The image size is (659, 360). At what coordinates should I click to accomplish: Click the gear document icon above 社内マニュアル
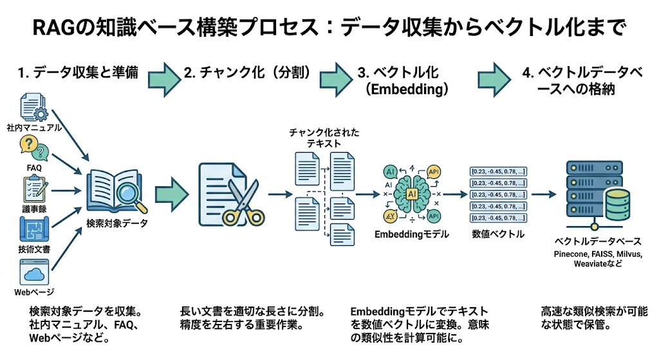click(x=33, y=106)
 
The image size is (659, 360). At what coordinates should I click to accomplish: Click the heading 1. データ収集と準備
click(x=79, y=73)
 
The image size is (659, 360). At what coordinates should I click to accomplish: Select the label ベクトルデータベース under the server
click(x=598, y=242)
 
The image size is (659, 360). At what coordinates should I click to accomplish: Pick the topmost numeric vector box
click(x=497, y=171)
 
